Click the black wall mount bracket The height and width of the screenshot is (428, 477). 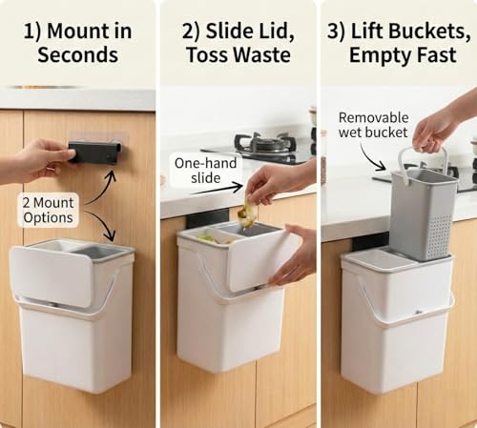tap(94, 153)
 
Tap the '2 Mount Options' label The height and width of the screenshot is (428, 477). tap(48, 211)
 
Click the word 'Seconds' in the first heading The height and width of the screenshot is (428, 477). tap(78, 55)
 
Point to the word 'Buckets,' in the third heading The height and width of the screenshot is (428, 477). tap(411, 31)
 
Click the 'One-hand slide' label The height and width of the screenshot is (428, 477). tap(206, 171)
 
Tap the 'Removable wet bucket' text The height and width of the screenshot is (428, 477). tap(373, 125)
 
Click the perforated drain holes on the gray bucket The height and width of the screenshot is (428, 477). tap(439, 235)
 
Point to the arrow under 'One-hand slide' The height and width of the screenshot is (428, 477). tap(218, 189)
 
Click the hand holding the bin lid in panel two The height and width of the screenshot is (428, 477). tap(292, 255)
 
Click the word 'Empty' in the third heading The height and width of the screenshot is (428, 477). tap(375, 55)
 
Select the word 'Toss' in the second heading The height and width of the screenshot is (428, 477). tap(207, 55)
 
